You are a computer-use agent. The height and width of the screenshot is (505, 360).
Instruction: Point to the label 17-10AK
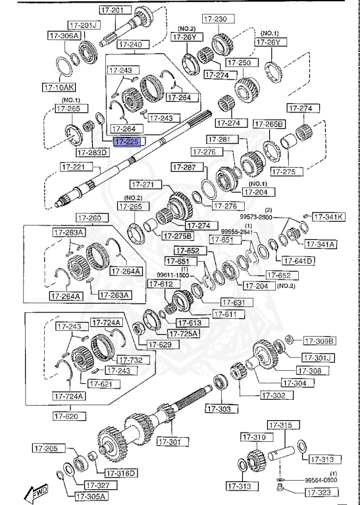click(x=59, y=86)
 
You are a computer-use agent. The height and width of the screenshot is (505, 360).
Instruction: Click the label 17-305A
click(x=91, y=496)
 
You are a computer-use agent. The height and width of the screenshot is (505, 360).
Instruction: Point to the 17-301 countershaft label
click(x=173, y=441)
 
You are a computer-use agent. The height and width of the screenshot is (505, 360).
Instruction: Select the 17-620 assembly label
click(x=68, y=416)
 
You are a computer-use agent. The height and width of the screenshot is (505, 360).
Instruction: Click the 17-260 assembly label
click(x=90, y=218)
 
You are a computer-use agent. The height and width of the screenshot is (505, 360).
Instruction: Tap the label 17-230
click(x=215, y=19)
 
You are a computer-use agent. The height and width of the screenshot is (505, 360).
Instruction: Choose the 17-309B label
click(x=320, y=341)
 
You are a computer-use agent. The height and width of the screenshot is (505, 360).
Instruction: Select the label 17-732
click(x=130, y=360)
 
